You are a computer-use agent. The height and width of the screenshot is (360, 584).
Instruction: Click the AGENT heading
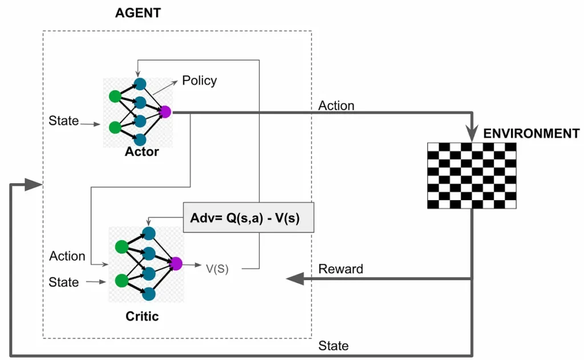tap(138, 13)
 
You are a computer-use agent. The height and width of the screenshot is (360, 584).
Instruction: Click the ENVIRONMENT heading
tap(531, 134)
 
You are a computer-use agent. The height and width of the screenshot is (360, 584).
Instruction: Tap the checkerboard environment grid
tap(472, 175)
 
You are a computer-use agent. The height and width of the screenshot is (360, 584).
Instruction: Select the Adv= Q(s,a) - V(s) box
tap(248, 217)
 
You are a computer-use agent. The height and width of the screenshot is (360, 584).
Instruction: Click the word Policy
tap(199, 80)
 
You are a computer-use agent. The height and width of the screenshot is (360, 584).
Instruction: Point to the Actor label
tap(143, 152)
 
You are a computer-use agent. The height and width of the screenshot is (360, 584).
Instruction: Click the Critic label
tap(142, 315)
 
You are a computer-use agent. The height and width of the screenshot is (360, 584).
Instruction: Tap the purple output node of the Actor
tap(166, 112)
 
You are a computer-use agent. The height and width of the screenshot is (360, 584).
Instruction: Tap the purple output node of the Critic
tap(176, 264)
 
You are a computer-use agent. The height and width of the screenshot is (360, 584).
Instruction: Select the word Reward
tap(340, 269)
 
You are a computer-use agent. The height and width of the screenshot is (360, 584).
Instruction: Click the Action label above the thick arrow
tap(336, 106)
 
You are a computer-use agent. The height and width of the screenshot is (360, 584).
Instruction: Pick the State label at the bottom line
tap(334, 346)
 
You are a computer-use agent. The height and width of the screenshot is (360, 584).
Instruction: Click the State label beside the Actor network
tap(63, 120)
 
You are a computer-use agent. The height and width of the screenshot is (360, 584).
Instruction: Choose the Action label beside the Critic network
tap(67, 256)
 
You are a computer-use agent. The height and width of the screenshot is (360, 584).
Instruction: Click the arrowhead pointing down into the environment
tap(472, 135)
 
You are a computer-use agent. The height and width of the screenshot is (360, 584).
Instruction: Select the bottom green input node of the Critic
tap(121, 281)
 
